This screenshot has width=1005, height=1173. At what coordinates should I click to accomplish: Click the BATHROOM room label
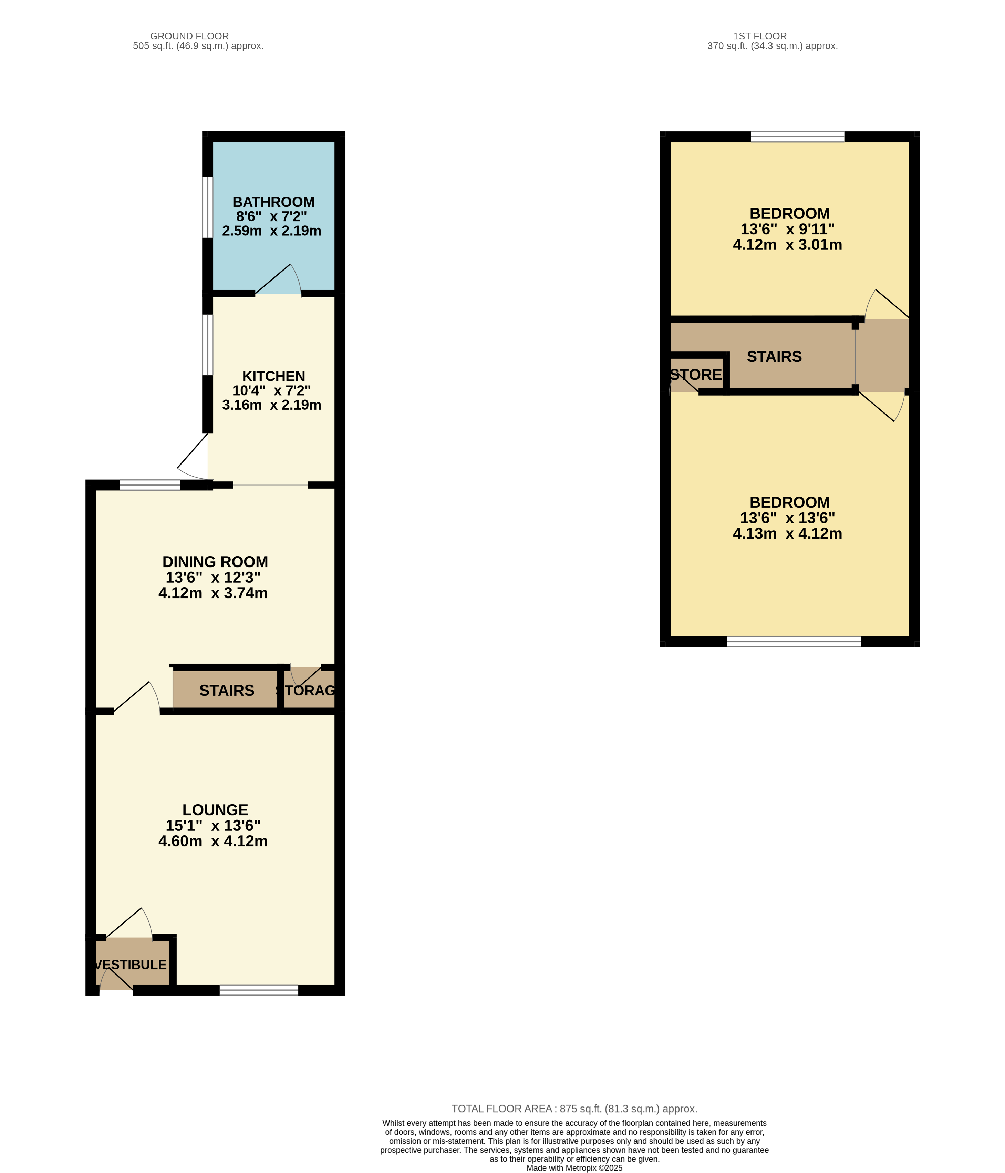click(273, 202)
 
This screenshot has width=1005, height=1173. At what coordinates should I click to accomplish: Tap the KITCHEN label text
click(273, 376)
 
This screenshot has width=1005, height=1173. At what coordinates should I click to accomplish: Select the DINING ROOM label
click(215, 562)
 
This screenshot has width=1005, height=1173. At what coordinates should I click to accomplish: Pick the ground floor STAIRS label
click(226, 691)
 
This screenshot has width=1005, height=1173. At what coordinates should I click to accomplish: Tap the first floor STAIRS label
click(774, 357)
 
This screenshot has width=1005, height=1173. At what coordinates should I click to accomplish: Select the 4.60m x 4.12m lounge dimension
click(213, 841)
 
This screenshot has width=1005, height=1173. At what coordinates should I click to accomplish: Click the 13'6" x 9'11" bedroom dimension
click(787, 229)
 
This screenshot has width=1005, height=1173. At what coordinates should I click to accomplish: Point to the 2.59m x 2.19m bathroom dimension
click(272, 231)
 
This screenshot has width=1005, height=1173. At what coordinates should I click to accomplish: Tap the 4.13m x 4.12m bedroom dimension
click(787, 534)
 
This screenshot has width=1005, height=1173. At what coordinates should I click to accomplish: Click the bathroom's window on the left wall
click(208, 207)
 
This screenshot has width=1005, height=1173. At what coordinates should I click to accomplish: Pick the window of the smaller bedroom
click(797, 136)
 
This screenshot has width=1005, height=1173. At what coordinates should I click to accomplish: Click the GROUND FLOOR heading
click(189, 36)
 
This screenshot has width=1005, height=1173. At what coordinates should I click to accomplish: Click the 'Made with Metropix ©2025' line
click(574, 1168)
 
